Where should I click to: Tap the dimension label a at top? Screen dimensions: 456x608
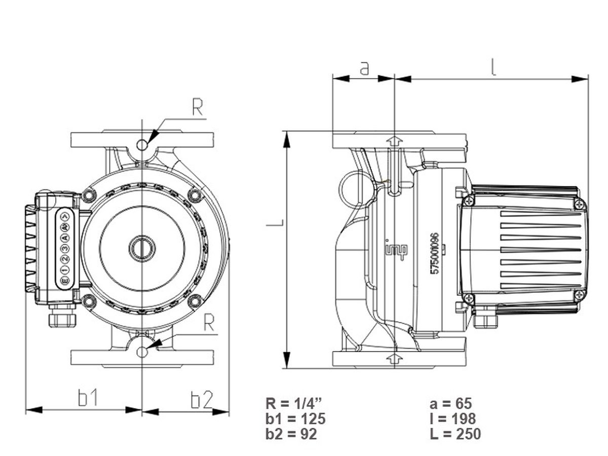363,68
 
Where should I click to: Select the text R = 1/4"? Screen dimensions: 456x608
294,404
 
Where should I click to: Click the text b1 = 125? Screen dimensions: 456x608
295,419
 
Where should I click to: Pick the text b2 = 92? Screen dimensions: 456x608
291,434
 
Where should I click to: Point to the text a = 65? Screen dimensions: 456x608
450,404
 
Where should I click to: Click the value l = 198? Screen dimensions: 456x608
452,419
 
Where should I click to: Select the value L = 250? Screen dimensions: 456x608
454,434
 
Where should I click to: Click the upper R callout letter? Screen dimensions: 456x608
198,108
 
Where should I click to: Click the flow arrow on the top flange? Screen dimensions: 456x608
394,141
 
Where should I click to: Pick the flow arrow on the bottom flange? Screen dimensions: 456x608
394,358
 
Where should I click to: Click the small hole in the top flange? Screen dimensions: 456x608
142,145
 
